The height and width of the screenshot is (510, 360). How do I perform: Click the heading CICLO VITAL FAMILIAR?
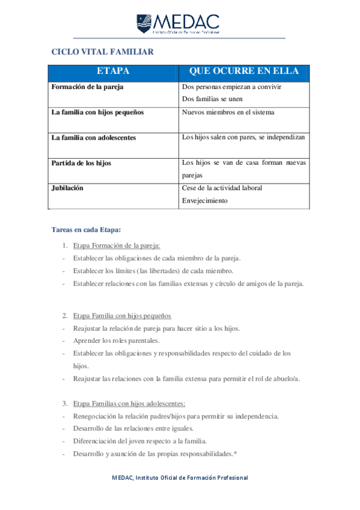102,52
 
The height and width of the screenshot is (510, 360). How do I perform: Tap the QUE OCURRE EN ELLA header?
243,72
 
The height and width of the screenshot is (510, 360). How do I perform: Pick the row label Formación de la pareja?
87,87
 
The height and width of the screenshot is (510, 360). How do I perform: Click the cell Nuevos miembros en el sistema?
228,112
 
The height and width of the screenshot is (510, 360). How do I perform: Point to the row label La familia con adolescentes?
94,138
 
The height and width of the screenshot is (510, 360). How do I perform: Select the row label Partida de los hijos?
81,163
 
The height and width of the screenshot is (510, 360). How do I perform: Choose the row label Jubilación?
67,188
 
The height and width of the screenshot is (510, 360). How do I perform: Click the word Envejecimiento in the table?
204,200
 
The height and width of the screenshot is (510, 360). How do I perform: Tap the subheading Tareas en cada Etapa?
87,229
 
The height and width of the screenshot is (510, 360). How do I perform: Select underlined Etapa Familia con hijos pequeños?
122,316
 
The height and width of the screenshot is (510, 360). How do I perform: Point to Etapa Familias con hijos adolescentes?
129,403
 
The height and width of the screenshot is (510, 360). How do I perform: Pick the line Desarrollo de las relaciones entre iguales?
133,428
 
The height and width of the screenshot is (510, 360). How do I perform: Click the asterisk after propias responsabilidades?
236,452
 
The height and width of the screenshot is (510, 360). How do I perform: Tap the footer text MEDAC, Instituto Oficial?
180,478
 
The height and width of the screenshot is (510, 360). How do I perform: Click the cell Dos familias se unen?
212,99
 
